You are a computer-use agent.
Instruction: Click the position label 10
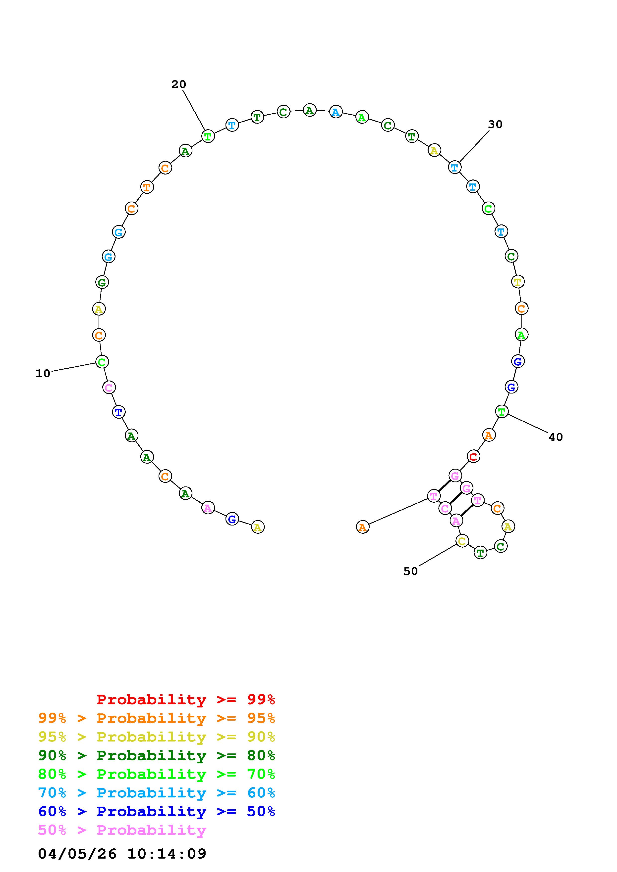[x=43, y=374]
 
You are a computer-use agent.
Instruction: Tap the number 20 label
[x=179, y=84]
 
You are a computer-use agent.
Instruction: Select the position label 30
[x=495, y=124]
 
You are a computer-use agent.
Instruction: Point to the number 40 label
[x=556, y=437]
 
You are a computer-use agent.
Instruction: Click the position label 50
[x=411, y=571]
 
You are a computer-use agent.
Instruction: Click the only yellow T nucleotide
[x=518, y=282]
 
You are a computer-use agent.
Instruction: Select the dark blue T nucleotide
[x=119, y=412]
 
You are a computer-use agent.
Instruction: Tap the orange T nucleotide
[x=147, y=187]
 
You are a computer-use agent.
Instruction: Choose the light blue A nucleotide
[x=336, y=112]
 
